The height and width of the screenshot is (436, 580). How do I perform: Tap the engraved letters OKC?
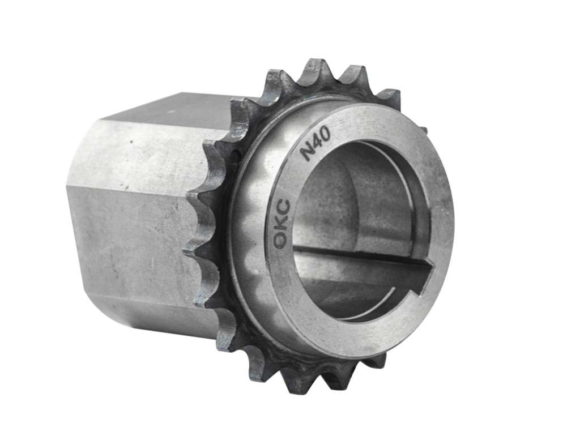(282, 223)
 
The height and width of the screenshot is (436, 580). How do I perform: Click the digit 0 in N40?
(325, 136)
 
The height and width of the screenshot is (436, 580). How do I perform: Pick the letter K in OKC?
(282, 223)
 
